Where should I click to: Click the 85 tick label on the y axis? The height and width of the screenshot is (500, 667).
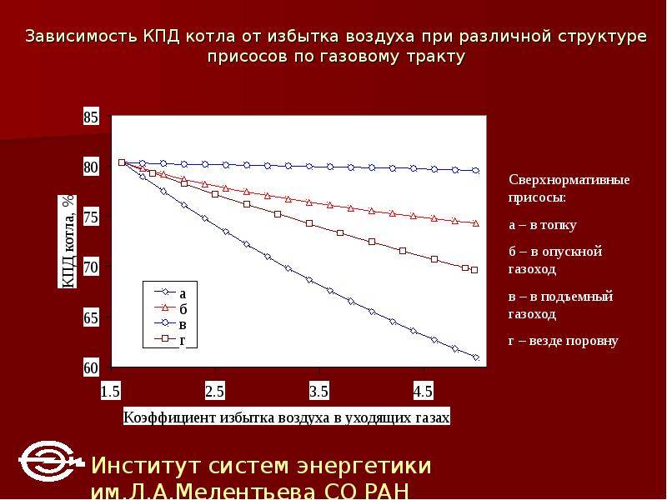91,117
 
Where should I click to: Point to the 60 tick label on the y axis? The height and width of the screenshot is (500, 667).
91,367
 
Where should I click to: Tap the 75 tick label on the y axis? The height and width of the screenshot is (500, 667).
91,217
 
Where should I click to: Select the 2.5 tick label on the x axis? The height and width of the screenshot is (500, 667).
215,391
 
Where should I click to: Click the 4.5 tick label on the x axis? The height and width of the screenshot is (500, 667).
424,391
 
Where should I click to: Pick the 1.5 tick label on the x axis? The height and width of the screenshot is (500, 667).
111,391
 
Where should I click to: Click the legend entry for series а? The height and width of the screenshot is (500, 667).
170,292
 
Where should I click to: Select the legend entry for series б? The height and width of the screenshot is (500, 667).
170,307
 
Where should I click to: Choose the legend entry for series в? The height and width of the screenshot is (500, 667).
170,323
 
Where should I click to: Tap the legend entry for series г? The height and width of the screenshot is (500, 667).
170,339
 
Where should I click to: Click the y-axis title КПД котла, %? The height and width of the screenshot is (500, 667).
68,242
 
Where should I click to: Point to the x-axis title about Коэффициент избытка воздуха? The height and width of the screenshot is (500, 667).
286,417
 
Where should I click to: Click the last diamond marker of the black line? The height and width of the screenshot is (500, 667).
476,357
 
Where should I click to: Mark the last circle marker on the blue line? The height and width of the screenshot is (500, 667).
476,171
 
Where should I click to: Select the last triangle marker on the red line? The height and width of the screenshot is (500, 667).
476,222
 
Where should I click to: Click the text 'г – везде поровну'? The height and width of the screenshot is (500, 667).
564,341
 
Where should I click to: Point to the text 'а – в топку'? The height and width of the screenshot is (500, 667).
543,224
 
